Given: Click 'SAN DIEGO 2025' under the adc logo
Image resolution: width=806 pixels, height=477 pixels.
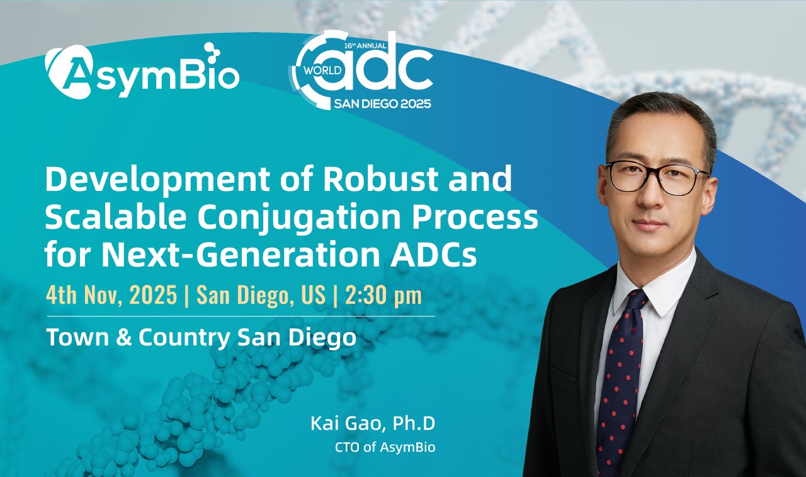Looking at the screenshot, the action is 382,104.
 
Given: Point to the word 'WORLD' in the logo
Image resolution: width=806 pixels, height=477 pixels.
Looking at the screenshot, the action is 322,70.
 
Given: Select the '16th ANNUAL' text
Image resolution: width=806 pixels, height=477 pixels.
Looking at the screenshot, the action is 366,46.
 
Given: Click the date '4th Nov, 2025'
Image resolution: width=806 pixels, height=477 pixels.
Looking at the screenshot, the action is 111,295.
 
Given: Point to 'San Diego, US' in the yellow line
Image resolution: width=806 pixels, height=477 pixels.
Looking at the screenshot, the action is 261,296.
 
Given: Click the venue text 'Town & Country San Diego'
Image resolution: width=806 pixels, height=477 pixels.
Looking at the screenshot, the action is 201,337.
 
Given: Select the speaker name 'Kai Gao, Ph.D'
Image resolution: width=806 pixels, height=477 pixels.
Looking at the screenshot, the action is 373,423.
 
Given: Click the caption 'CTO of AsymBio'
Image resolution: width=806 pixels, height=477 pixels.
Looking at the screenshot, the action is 385,447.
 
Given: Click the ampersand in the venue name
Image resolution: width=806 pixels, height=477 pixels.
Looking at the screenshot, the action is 125,338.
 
